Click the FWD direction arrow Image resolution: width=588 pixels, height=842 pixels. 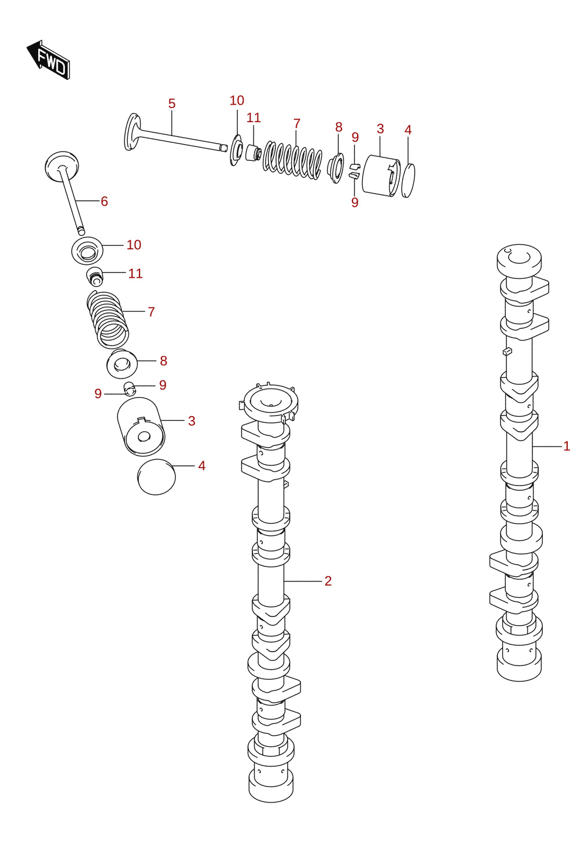pos(49,60)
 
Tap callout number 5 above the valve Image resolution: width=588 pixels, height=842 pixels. pos(172,104)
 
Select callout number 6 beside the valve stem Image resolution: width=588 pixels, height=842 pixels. pos(104,201)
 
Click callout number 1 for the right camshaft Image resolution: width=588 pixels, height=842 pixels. pos(567,446)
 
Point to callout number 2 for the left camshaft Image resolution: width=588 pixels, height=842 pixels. pos(328,581)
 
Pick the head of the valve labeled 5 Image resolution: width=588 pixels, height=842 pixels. pos(132,131)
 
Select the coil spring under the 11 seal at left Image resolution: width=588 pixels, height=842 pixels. pos(108,319)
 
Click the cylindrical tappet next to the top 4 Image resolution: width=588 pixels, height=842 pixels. pos(381,175)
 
